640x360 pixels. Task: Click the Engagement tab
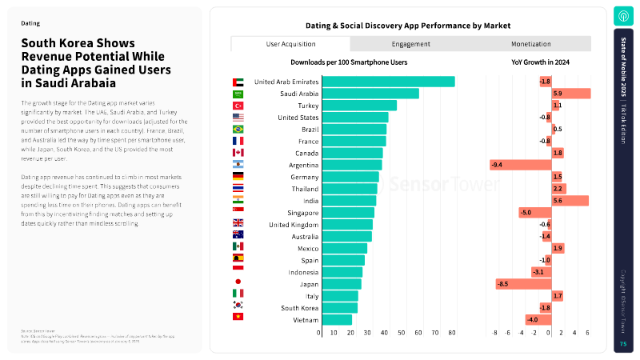click(x=411, y=44)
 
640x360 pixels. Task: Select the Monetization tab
click(x=531, y=44)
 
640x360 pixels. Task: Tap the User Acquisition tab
click(x=290, y=44)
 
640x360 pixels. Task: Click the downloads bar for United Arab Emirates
click(x=388, y=82)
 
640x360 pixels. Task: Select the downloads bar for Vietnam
click(x=336, y=320)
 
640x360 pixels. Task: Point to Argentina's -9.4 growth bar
click(x=521, y=165)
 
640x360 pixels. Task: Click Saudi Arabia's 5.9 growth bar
click(x=570, y=94)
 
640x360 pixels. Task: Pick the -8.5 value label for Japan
click(x=502, y=284)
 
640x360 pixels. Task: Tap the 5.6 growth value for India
click(x=558, y=201)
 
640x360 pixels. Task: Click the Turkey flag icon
click(x=238, y=106)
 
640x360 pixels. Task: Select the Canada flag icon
click(x=238, y=153)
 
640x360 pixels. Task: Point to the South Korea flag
click(x=238, y=307)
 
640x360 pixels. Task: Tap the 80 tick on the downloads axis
click(x=452, y=333)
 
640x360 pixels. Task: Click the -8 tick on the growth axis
click(x=494, y=333)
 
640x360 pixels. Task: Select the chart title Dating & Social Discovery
click(x=408, y=26)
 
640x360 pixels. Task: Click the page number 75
click(x=623, y=344)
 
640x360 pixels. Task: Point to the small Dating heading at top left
click(x=30, y=24)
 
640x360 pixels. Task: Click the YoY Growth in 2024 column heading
click(x=540, y=62)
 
